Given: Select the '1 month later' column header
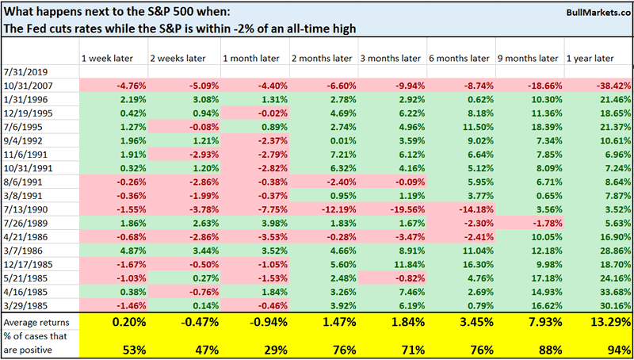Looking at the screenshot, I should point(247,58).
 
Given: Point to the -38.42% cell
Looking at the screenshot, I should point(609,85).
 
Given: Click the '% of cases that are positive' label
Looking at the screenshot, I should point(35,343).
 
